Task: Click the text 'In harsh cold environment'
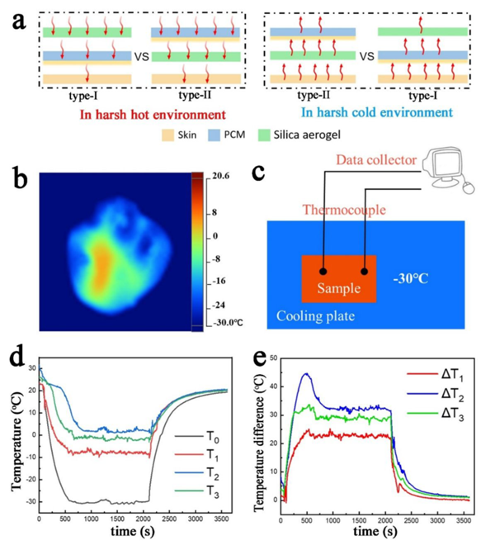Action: coord(363,115)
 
